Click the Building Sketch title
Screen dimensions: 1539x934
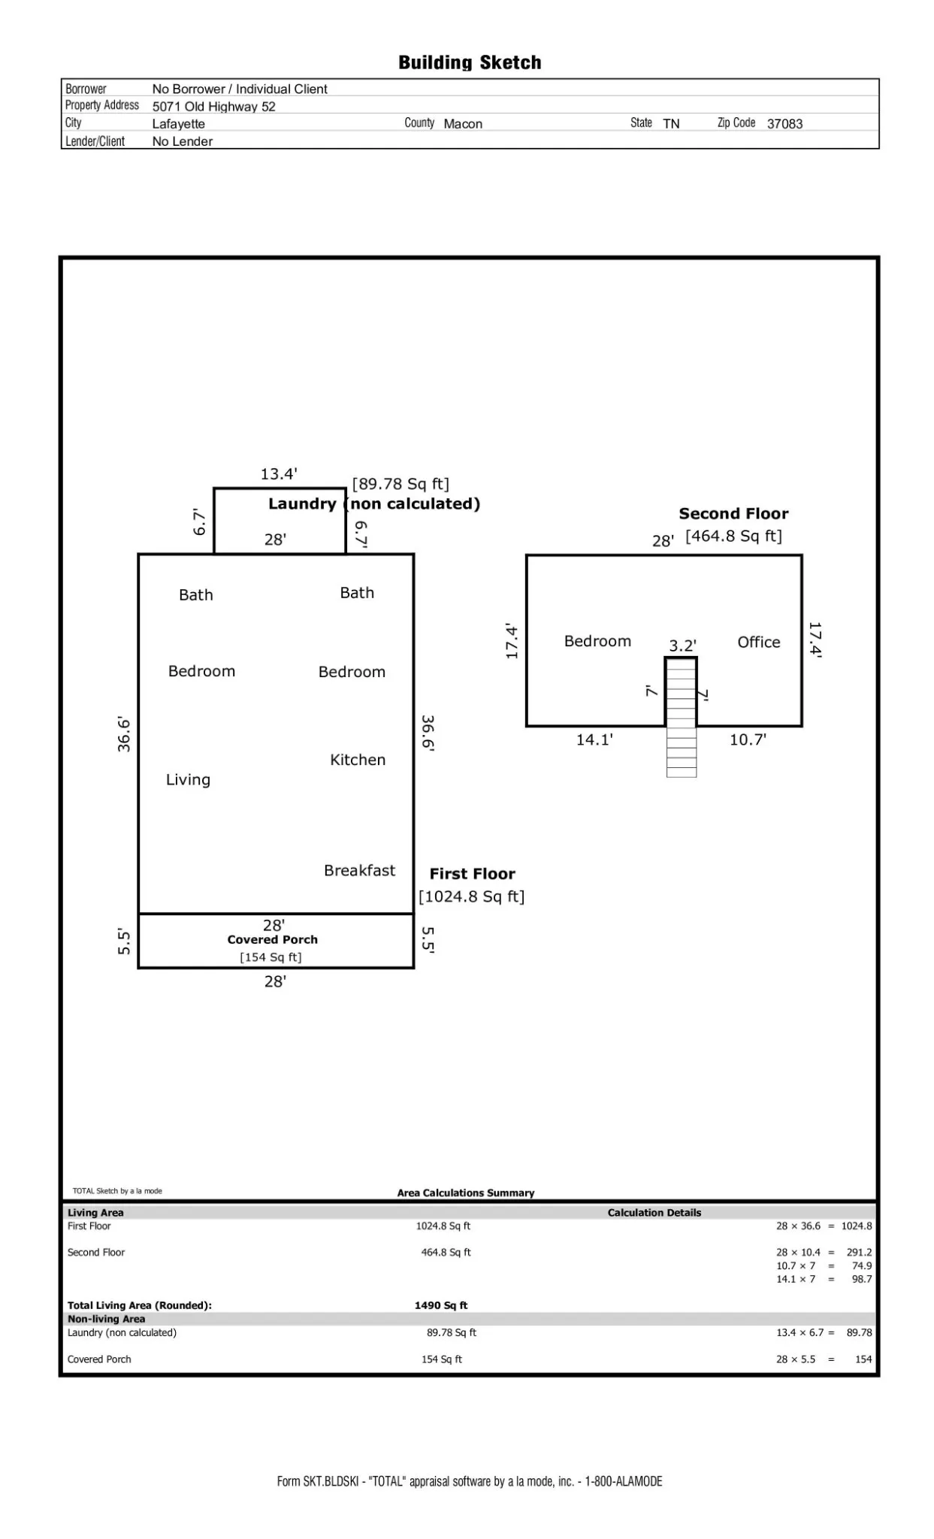pyautogui.click(x=470, y=62)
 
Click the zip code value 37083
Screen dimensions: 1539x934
pyautogui.click(x=784, y=124)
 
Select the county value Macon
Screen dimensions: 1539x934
pyautogui.click(x=463, y=124)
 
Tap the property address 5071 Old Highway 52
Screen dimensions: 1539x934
pyautogui.click(x=213, y=107)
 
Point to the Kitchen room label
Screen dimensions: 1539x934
pyautogui.click(x=358, y=760)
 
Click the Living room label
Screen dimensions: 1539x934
pyautogui.click(x=188, y=780)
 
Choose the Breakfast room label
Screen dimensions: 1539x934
pyautogui.click(x=359, y=870)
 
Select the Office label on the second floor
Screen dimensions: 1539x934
pyautogui.click(x=758, y=642)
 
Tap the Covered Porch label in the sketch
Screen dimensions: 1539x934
pyautogui.click(x=273, y=939)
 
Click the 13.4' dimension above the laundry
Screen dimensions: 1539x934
pyautogui.click(x=279, y=474)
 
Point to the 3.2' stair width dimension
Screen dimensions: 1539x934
pyautogui.click(x=682, y=646)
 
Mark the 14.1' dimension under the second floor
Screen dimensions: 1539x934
pyautogui.click(x=594, y=740)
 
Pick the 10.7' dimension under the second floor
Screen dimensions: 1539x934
pyautogui.click(x=748, y=740)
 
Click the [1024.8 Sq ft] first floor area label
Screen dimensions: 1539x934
pyautogui.click(x=472, y=896)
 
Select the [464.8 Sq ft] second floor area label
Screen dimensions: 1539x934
pyautogui.click(x=733, y=536)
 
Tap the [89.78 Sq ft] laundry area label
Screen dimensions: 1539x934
pyautogui.click(x=401, y=484)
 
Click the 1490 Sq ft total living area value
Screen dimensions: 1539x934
pyautogui.click(x=441, y=1305)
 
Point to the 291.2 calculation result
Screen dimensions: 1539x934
pyautogui.click(x=859, y=1253)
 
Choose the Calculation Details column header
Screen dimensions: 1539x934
pyautogui.click(x=654, y=1213)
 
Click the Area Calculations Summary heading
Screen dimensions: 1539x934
pyautogui.click(x=466, y=1193)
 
